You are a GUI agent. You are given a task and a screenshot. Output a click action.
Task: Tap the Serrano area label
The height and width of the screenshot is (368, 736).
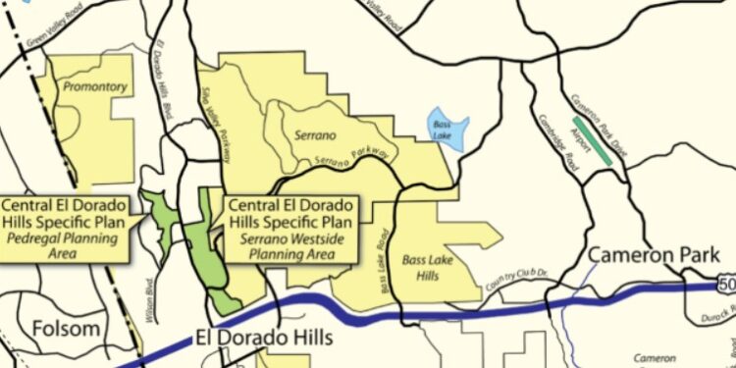[315, 132]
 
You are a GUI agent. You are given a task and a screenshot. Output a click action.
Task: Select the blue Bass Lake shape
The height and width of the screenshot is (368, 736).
[447, 128]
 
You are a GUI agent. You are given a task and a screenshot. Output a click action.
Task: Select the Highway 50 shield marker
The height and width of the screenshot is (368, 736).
[726, 285]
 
